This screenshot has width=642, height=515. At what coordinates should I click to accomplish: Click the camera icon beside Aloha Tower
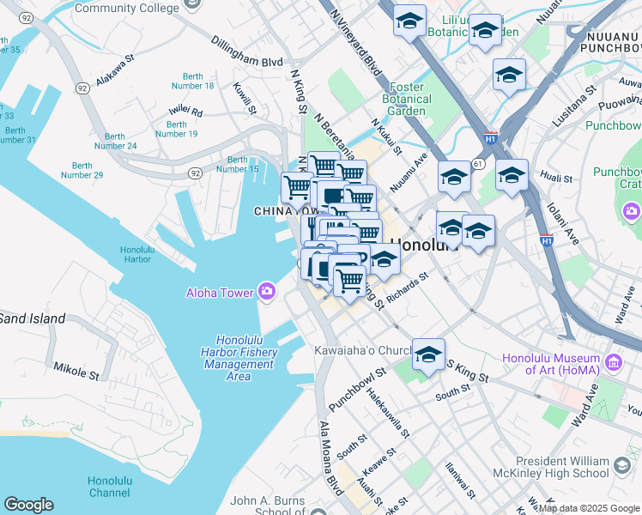point(267,293)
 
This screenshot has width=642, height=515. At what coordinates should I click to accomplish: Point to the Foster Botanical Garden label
point(407,99)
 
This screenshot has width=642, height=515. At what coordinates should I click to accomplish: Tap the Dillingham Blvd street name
point(246,51)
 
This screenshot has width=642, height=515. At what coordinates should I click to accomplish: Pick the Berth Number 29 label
point(82,170)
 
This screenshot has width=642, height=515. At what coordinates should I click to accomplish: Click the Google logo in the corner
point(27,505)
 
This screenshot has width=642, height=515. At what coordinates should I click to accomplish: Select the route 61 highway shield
point(478,163)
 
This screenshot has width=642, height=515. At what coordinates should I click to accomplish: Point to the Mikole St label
point(76,372)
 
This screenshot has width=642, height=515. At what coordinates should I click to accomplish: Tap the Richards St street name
point(407,291)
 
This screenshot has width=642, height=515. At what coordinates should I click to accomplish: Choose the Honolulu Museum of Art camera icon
point(613,363)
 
